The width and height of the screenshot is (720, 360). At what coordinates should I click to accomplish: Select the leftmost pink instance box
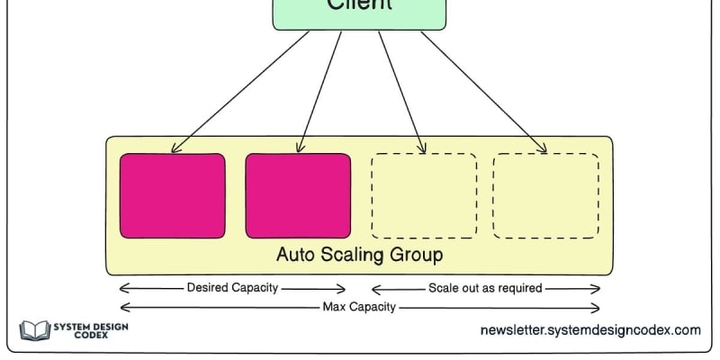[172, 195]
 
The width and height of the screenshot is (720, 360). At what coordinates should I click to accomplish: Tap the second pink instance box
[298, 195]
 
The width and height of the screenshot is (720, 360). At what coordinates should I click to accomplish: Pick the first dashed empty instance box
[424, 195]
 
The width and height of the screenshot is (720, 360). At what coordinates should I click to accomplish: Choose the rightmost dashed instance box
[545, 195]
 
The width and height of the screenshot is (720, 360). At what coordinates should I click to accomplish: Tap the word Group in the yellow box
[414, 255]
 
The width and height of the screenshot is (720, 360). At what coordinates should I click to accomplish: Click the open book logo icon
[35, 330]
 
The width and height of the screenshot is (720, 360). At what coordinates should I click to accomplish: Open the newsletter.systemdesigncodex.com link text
[589, 330]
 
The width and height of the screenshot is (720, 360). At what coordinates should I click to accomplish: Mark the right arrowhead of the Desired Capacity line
[342, 289]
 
